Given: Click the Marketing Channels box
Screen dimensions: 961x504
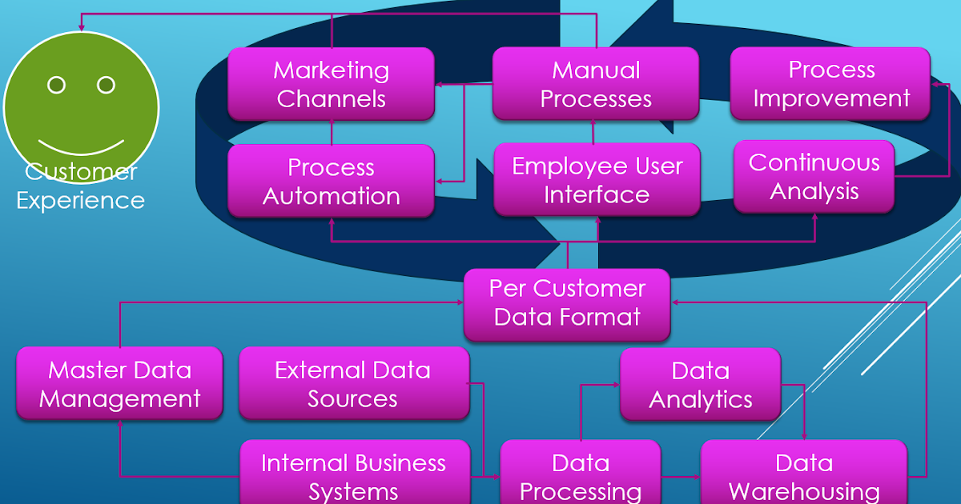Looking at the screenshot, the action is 331,84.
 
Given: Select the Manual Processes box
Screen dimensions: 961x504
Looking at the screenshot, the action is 595,84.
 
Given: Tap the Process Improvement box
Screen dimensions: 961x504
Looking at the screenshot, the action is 830,84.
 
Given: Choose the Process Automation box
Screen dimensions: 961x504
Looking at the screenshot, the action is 331,182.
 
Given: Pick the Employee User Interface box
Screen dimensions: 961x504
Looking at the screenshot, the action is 597,180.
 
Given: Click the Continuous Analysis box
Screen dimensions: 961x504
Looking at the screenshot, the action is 814,177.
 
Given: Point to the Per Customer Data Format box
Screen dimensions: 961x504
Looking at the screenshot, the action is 567,303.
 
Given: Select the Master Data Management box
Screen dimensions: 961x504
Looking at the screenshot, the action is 119,384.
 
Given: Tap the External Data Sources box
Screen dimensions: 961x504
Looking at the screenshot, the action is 353,384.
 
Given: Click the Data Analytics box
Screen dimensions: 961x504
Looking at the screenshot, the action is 700,385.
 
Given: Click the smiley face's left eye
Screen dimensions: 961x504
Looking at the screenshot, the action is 56,85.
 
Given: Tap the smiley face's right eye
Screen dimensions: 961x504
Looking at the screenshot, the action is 106,85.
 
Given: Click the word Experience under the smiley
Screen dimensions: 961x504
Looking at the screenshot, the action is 81,200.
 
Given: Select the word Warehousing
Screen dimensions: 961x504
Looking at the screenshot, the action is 804,490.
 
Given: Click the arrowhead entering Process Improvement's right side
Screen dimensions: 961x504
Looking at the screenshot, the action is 935,82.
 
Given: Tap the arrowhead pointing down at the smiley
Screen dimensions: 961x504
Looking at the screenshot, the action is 82,28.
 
